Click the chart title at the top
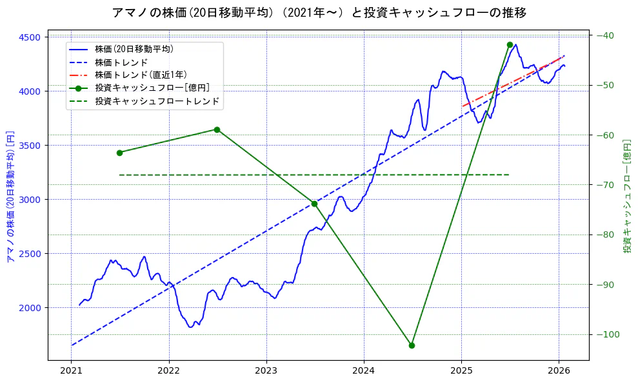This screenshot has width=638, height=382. click(319, 13)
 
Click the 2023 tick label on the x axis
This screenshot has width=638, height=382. click(266, 371)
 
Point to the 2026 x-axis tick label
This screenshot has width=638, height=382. click(559, 371)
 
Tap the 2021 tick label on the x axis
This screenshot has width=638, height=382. click(72, 371)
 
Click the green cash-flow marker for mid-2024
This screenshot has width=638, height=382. click(412, 345)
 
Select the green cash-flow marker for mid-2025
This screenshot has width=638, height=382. click(510, 44)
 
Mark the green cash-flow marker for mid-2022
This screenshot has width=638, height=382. click(217, 129)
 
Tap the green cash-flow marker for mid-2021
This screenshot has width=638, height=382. click(119, 153)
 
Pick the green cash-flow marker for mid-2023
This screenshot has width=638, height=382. click(314, 204)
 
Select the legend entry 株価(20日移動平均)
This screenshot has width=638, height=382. click(134, 48)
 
